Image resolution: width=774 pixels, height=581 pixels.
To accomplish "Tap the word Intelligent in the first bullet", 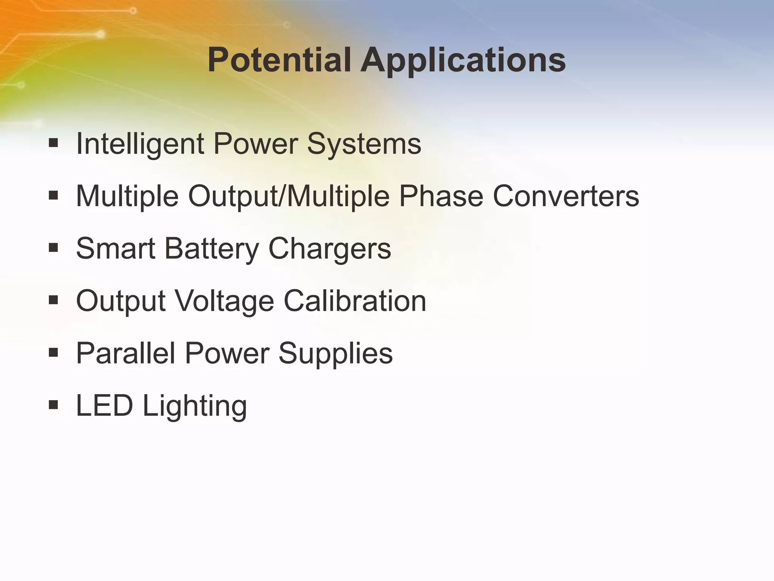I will point(140,144).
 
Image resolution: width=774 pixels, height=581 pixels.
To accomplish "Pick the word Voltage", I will point(225,301).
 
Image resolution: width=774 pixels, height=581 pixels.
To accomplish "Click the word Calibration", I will point(355,301).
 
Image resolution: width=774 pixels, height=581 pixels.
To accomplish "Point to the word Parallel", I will point(126,353).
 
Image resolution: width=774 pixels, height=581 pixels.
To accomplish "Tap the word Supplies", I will point(336,354).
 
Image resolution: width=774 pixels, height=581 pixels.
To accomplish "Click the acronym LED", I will point(105,405).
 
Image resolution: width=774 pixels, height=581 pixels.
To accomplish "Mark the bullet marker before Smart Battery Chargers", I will point(53,248).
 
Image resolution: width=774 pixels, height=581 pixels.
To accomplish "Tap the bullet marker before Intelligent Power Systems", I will point(53,143).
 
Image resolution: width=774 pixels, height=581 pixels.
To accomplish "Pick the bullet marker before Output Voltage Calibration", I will point(53,300).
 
